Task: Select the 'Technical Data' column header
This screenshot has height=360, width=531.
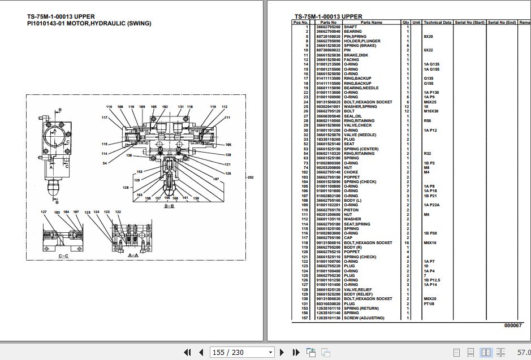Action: (437, 22)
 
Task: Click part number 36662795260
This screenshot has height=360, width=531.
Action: (329, 27)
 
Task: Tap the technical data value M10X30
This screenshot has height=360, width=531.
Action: (431, 111)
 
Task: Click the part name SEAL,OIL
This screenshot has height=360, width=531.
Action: (354, 116)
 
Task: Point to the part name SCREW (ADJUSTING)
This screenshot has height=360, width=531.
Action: (364, 318)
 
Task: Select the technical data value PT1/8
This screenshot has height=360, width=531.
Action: (429, 303)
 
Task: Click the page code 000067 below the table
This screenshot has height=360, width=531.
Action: (513, 326)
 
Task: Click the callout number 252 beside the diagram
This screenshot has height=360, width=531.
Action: (251, 177)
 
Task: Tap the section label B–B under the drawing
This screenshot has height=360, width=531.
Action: (169, 207)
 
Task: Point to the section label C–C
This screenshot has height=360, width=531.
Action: (63, 255)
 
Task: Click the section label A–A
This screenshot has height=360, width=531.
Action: (133, 255)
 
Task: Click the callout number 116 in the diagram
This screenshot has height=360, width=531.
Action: (109, 107)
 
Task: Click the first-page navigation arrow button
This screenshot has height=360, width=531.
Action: (187, 352)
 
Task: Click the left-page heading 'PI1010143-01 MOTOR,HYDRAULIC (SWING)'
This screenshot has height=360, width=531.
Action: (89, 24)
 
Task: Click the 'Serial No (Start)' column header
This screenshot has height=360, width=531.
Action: (469, 22)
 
